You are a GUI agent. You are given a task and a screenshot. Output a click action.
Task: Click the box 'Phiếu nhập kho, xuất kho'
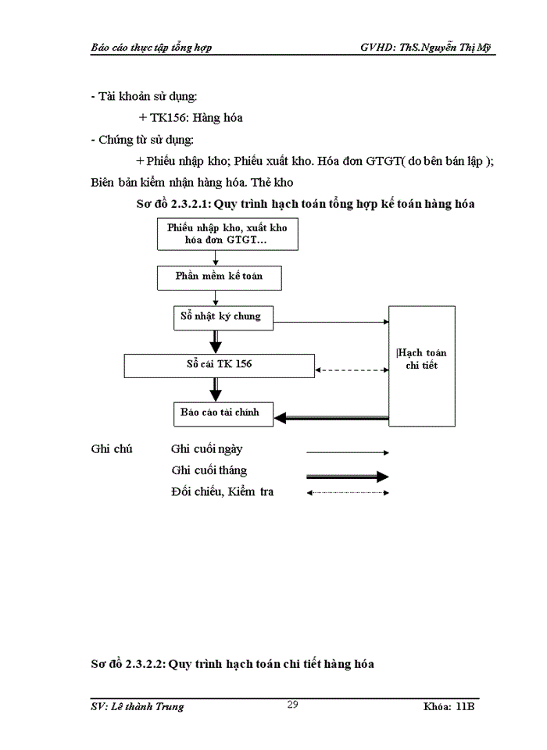[227, 234]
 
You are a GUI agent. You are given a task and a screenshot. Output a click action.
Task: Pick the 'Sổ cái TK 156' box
[219, 365]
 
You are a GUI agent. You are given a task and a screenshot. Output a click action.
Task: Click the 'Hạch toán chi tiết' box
[422, 366]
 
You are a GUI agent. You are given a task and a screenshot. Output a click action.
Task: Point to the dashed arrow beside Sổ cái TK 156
[351, 370]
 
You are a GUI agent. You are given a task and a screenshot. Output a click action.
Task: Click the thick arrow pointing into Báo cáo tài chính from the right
[332, 418]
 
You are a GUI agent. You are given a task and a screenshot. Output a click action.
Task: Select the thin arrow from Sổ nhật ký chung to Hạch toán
[332, 322]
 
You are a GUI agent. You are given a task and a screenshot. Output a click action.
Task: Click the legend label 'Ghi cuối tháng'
[209, 470]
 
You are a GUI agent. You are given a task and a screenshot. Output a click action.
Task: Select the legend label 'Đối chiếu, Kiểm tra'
[222, 492]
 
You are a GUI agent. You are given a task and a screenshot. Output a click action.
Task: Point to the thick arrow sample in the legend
[348, 477]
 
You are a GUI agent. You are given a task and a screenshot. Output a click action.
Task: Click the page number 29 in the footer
[292, 705]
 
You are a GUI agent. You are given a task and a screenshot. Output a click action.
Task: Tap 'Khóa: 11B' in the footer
[449, 706]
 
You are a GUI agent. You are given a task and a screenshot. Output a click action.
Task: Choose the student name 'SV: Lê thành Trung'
[138, 706]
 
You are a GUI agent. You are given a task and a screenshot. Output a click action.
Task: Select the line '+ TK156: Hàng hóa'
[190, 118]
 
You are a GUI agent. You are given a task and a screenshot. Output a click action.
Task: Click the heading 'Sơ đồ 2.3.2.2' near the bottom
[232, 664]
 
